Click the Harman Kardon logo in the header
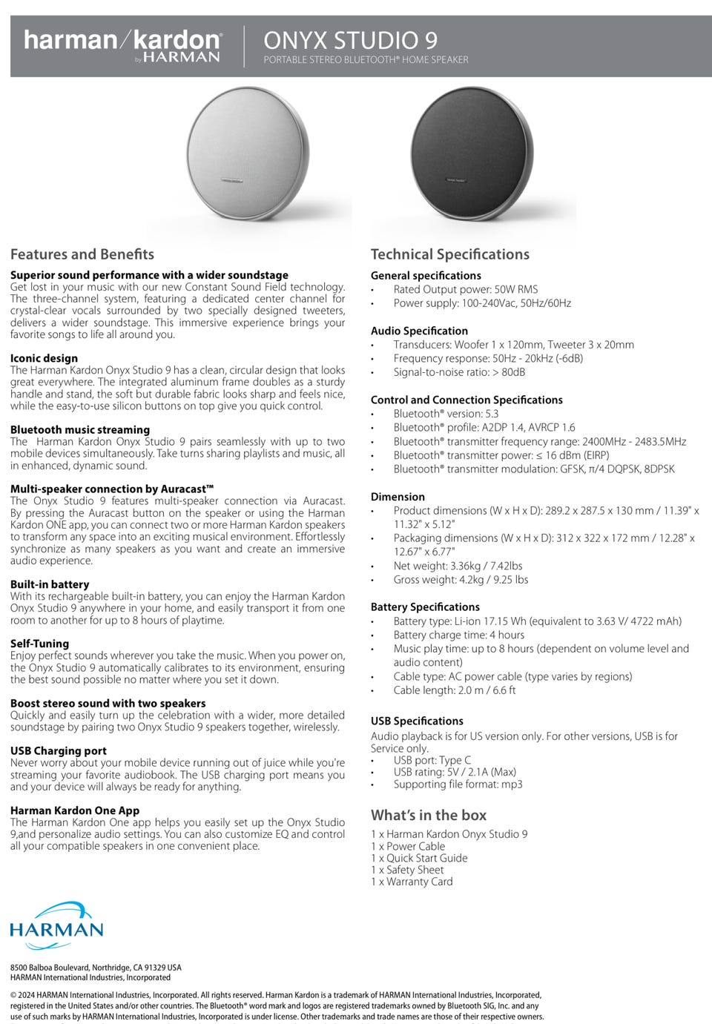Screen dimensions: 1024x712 tap(122, 44)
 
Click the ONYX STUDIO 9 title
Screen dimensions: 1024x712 tap(350, 39)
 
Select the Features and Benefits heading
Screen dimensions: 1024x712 tap(82, 254)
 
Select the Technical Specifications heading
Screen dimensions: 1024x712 tap(449, 254)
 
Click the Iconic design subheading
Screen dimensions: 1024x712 tap(44, 358)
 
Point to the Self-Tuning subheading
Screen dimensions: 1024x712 tap(39, 644)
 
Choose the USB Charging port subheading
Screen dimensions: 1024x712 tap(59, 750)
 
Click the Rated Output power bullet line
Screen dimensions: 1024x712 tap(465, 289)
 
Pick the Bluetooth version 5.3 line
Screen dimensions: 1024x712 tap(446, 414)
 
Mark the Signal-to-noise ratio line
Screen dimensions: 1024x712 tap(458, 372)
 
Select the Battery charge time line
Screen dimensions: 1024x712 tap(458, 635)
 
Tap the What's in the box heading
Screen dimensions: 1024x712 tap(429, 815)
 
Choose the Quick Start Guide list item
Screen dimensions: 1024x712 tap(419, 858)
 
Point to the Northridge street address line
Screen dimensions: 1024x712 tap(96, 968)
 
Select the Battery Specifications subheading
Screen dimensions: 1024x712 tap(425, 607)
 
